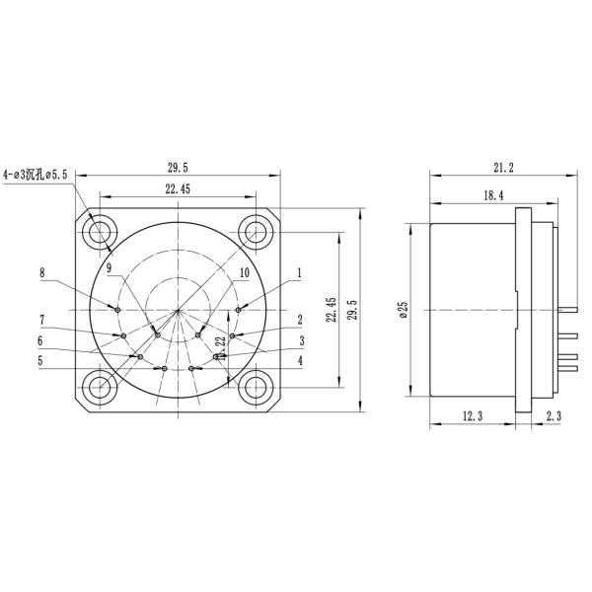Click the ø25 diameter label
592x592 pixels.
pos(403,310)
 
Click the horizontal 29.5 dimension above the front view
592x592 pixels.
pos(179,168)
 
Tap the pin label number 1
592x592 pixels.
pos(299,272)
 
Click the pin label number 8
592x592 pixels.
pos(42,272)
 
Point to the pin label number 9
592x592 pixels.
pos(110,266)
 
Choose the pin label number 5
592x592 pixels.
pos(41,360)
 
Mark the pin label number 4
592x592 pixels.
pos(299,360)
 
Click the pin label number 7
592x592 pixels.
pos(42,320)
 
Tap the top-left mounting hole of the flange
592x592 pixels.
pos(100,233)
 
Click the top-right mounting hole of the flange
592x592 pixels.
pos(257,233)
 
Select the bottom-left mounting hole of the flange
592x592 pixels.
pos(100,386)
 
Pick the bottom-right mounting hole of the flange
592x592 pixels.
pos(257,386)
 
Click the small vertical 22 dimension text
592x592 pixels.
pos(221,344)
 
